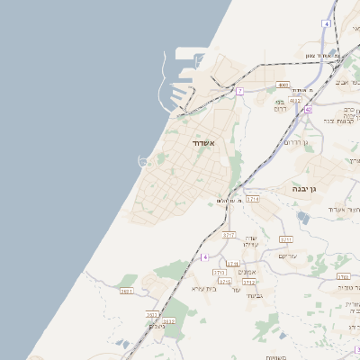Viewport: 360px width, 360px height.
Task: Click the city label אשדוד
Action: point(202,143)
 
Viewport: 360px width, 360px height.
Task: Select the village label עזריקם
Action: point(288,256)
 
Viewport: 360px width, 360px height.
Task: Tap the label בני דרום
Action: point(280,103)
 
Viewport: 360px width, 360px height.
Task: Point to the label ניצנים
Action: point(157,325)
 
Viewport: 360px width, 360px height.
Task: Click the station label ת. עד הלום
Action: point(229,201)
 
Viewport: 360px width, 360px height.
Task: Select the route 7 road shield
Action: point(239,91)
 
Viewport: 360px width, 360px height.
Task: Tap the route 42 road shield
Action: point(307,110)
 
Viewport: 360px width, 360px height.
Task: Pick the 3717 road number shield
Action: point(229,235)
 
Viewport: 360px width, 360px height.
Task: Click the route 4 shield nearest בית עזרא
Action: point(205,257)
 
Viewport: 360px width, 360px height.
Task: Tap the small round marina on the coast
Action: point(142,161)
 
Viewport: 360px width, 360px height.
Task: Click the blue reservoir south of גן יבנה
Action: point(304,217)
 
